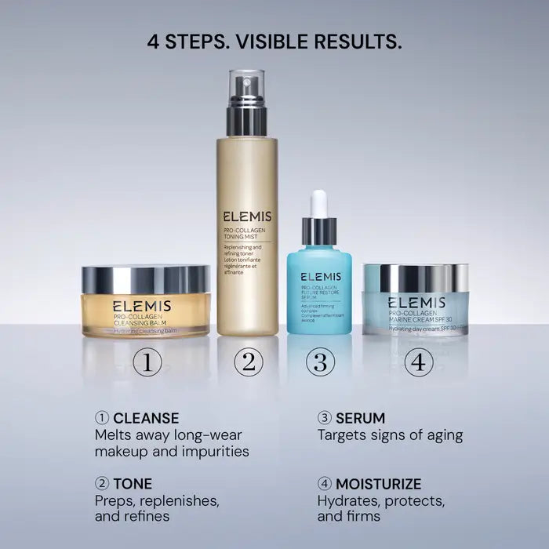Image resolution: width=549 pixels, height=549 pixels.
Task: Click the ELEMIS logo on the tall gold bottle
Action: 247,216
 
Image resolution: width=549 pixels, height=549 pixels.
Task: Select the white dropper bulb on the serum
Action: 318,204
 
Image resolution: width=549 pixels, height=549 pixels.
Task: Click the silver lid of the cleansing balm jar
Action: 146,278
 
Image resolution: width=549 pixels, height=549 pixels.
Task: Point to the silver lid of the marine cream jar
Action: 416,277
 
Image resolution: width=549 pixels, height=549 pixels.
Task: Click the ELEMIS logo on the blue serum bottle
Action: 319,277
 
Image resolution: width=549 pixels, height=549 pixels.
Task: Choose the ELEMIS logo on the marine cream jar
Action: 416,303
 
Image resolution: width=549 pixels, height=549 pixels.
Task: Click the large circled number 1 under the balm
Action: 147,362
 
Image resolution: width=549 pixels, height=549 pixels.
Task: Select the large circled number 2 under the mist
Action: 248,362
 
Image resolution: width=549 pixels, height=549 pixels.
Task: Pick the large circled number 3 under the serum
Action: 319,362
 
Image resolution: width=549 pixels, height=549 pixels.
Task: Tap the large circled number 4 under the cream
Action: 419,362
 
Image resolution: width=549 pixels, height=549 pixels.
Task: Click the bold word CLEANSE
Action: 146,418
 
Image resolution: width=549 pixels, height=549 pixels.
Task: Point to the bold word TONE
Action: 133,483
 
